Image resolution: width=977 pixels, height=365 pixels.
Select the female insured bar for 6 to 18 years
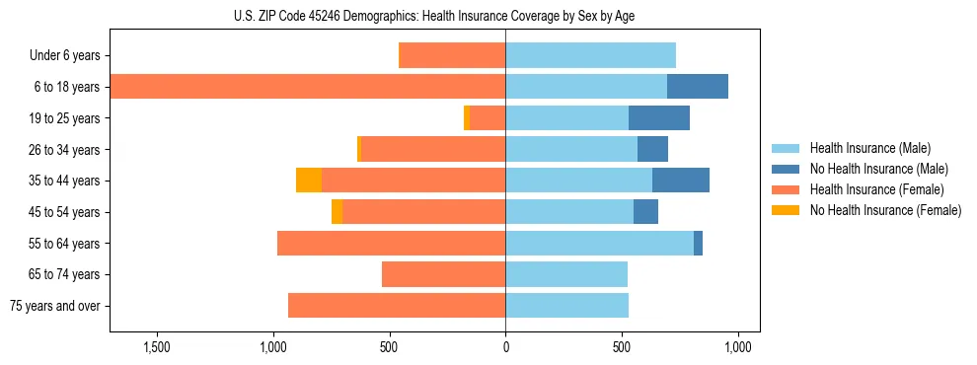[307, 87]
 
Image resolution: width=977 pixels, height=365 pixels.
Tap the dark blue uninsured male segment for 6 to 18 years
[698, 87]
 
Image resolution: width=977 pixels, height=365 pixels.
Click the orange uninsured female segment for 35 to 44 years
[309, 181]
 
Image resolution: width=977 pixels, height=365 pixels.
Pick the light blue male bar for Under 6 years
[590, 55]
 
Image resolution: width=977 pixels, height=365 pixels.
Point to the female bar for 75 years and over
[397, 306]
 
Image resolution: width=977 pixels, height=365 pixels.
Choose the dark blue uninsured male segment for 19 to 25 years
[659, 118]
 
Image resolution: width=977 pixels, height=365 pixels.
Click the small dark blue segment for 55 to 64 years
[698, 243]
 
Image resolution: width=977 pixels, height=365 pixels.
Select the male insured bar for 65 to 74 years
[566, 274]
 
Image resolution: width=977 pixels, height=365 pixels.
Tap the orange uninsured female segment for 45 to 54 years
[337, 212]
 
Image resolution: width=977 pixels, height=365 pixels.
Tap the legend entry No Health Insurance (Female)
[885, 210]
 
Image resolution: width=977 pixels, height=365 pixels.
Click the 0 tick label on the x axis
[505, 347]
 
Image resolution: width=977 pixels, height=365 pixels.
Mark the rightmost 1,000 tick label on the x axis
[737, 347]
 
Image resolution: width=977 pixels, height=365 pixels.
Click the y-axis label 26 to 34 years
[65, 150]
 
